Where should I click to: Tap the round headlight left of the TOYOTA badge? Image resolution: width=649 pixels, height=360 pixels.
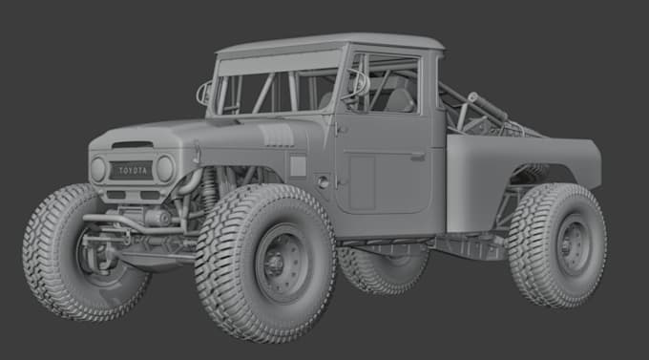coord(98,170)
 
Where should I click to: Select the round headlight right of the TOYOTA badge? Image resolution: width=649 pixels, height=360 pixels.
coord(165,169)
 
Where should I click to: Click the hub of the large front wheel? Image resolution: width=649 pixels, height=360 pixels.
coord(281,262)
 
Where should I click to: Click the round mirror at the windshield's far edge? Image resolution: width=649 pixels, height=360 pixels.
coord(203,93)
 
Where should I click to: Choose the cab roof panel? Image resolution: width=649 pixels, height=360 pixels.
coord(329,43)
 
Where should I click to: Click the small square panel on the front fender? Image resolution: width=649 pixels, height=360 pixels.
coord(298,166)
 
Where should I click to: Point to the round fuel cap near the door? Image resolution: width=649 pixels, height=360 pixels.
coord(324,181)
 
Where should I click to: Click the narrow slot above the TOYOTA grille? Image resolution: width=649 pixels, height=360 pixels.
coord(132,146)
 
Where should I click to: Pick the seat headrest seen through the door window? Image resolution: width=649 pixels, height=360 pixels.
coord(399,97)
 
